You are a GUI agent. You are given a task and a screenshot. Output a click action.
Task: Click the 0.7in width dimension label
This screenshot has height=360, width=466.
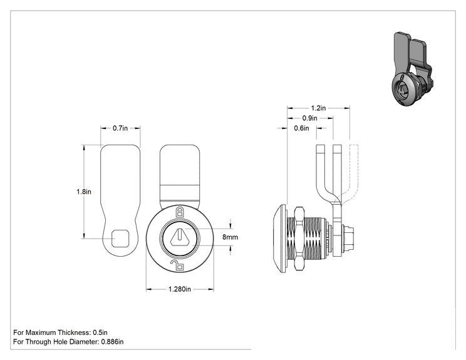click(x=120, y=128)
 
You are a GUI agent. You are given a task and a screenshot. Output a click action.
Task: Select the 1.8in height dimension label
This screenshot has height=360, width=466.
click(x=84, y=192)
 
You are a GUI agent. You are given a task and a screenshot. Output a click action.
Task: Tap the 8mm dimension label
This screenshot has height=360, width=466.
click(x=230, y=237)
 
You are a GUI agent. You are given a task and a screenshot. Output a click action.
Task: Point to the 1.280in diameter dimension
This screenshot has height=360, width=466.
click(x=180, y=289)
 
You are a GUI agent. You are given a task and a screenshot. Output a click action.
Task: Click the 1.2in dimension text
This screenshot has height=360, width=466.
click(x=318, y=108)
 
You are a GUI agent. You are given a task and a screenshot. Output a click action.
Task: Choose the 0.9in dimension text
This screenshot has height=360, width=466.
click(x=309, y=118)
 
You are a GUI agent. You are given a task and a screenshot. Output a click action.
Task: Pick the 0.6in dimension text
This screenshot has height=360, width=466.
click(x=301, y=128)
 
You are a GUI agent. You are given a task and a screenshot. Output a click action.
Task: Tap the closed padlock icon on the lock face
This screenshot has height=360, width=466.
click(x=180, y=212)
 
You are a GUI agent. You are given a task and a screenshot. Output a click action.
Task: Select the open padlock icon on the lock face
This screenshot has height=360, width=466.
click(x=178, y=265)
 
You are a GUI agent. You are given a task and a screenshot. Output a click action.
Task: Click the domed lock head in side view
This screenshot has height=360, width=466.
click(x=279, y=238)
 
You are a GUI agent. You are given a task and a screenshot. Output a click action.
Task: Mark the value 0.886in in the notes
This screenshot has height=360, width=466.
click(x=112, y=342)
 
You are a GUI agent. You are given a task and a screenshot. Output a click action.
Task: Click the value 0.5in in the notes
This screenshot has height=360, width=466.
click(x=100, y=332)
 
